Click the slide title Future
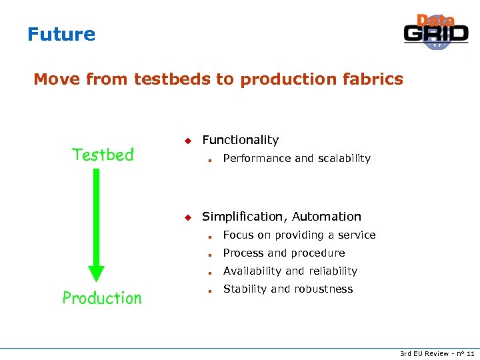click(x=61, y=34)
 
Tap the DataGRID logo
click(x=436, y=32)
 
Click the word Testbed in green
click(x=103, y=155)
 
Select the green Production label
click(x=102, y=298)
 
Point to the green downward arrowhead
click(x=97, y=273)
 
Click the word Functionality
click(x=240, y=140)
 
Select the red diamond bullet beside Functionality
click(x=188, y=141)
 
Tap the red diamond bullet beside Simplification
click(x=188, y=217)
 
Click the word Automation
click(x=327, y=217)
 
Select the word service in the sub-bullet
click(x=357, y=235)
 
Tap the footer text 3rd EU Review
click(x=424, y=353)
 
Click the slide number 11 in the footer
click(x=471, y=353)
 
